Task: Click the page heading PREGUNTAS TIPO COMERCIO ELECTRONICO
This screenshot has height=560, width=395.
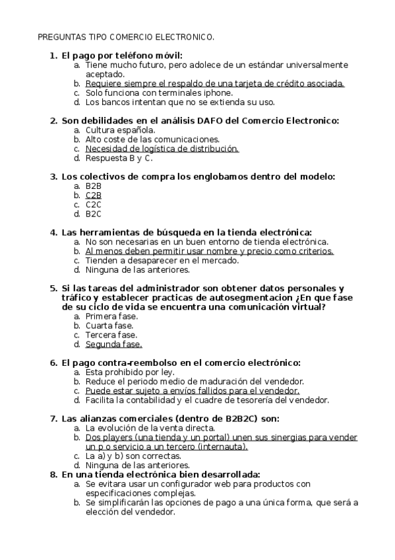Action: pyautogui.click(x=125, y=38)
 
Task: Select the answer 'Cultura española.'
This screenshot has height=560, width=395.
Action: pyautogui.click(x=120, y=130)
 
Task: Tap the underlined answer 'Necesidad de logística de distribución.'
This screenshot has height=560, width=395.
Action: pyautogui.click(x=162, y=149)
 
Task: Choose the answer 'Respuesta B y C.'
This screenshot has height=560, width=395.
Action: pyautogui.click(x=119, y=158)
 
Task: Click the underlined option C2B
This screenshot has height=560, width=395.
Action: pyautogui.click(x=93, y=195)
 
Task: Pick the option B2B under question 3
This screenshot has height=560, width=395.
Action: pyautogui.click(x=93, y=186)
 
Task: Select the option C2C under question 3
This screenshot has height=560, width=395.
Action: pyautogui.click(x=93, y=205)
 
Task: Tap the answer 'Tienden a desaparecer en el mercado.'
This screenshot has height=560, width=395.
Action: pyautogui.click(x=162, y=260)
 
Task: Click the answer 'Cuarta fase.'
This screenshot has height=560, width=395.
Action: pyautogui.click(x=109, y=326)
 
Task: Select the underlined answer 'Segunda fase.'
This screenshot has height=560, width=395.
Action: pyautogui.click(x=113, y=344)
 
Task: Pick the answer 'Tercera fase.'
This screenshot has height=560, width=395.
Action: pyautogui.click(x=111, y=335)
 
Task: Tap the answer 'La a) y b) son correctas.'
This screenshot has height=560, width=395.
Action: pyautogui.click(x=133, y=456)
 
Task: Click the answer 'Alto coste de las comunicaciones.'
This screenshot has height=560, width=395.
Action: pyautogui.click(x=152, y=139)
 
